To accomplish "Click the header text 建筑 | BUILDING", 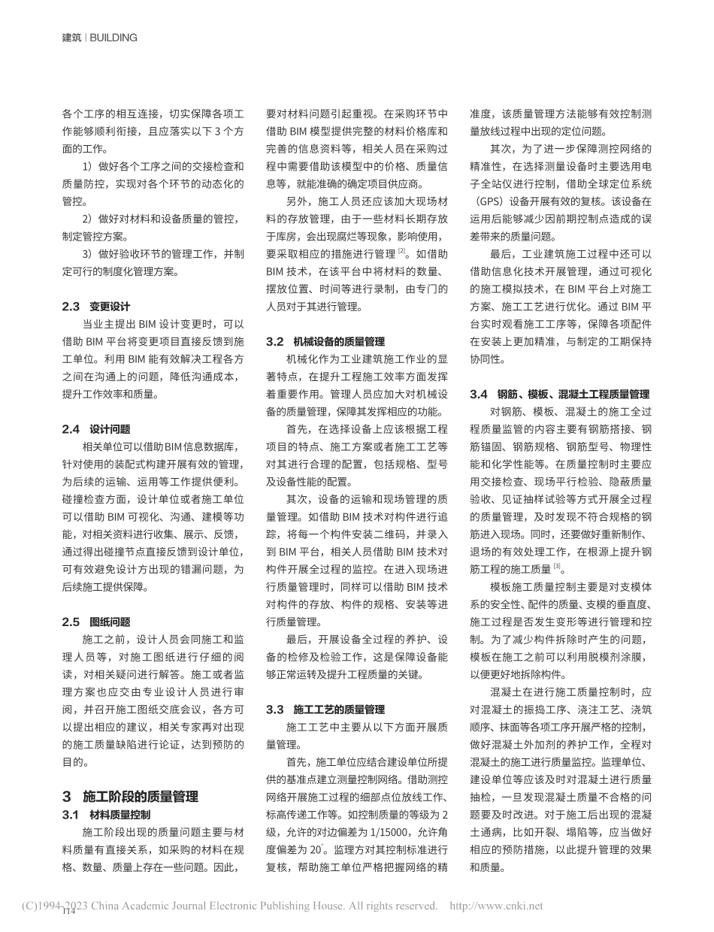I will tap(99, 38).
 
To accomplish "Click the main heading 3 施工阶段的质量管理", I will tap(130, 797).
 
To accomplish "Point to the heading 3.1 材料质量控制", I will tap(106, 814).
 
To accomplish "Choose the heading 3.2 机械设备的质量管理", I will tap(325, 341).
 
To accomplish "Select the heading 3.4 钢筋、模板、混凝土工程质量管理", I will tap(560, 394).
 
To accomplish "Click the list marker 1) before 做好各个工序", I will tap(88, 167).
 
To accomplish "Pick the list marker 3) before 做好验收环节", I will tap(88, 254).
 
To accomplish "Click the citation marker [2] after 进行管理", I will tap(402, 252).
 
